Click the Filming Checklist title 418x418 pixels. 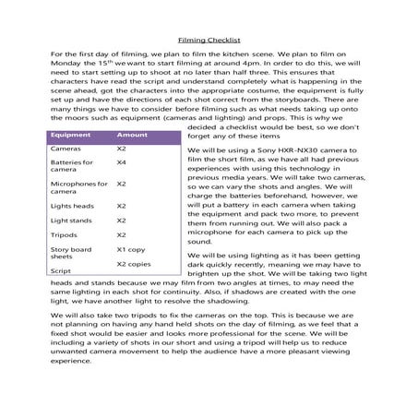208,41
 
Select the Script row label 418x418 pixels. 61,271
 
